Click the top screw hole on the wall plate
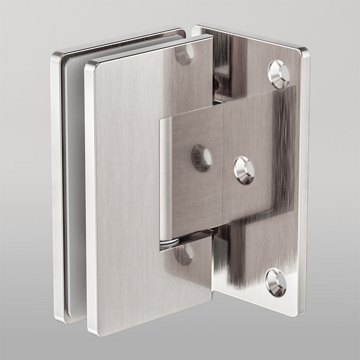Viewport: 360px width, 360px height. (279, 72)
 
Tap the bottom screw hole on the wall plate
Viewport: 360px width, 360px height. (275, 281)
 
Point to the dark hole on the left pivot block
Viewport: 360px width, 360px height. (200, 157)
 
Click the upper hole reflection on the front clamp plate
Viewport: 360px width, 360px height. (185, 55)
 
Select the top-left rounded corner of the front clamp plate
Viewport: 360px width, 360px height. (90, 65)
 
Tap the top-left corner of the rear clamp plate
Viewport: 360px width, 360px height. (56, 57)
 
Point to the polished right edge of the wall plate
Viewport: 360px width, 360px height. (304, 180)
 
